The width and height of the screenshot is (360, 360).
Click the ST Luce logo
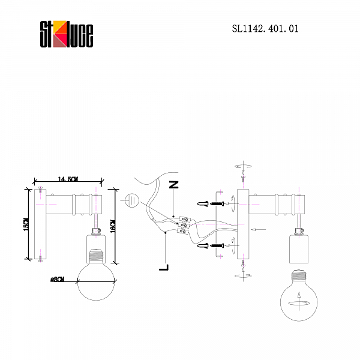(x=66, y=34)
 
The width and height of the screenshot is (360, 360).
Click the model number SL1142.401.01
(x=265, y=28)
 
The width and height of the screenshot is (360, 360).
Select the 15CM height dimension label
(x=26, y=223)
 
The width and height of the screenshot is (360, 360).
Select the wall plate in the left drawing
(x=40, y=225)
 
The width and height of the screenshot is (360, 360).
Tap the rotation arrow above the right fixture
(x=244, y=166)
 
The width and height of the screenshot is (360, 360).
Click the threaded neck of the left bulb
(x=96, y=256)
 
